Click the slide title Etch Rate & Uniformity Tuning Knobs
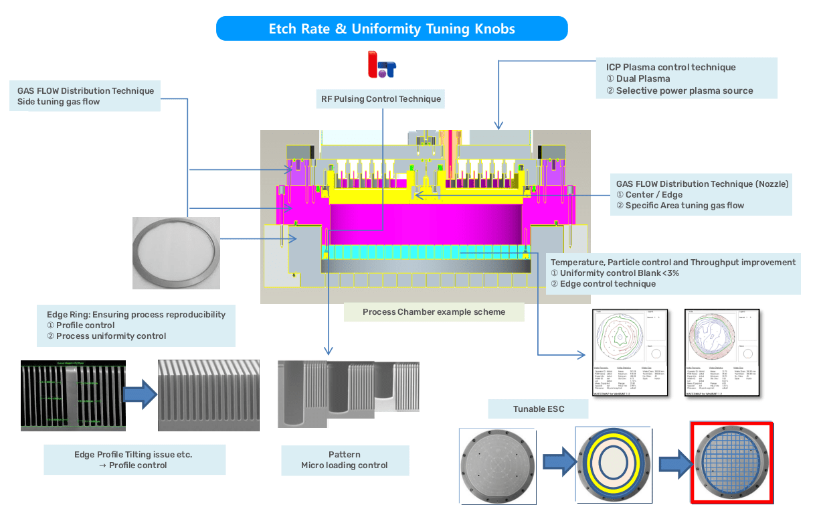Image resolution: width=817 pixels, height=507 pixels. click(x=391, y=29)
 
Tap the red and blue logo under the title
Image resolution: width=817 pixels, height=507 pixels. click(x=382, y=65)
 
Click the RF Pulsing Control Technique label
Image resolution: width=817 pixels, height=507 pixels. click(x=381, y=99)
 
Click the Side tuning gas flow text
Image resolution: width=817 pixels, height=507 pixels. click(x=58, y=102)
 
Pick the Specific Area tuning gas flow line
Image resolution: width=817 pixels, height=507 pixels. click(x=684, y=206)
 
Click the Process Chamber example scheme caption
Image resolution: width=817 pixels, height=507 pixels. click(x=434, y=312)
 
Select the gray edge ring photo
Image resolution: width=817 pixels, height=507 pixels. click(x=176, y=253)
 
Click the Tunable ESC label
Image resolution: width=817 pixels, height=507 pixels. click(x=539, y=409)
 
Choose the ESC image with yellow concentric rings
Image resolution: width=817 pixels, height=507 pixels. click(x=614, y=463)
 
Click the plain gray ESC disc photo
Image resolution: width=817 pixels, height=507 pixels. click(x=496, y=465)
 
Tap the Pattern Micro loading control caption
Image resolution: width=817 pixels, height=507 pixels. click(x=344, y=460)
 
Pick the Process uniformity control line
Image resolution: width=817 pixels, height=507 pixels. click(x=110, y=336)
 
